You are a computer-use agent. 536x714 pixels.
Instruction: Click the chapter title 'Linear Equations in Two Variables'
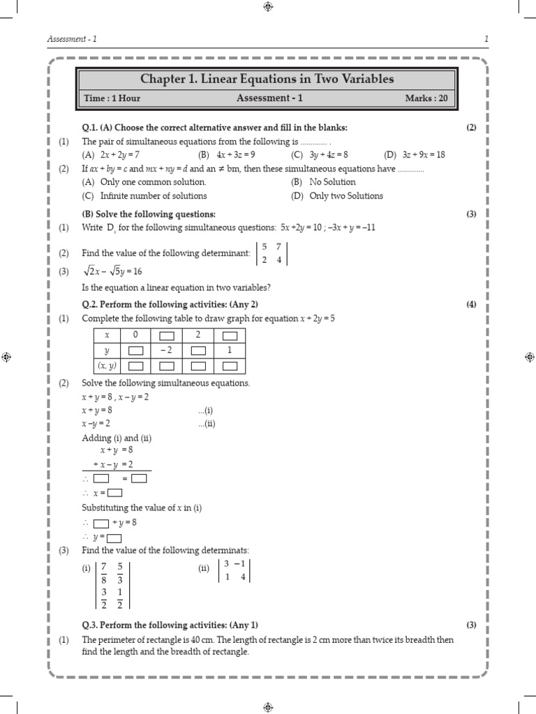coord(267,79)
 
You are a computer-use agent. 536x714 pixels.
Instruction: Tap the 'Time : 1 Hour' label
coord(112,98)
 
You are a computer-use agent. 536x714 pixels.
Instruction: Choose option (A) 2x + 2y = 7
coord(112,155)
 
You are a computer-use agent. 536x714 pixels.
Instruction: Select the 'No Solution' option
coord(332,182)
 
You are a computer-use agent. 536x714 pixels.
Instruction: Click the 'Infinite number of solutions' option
coord(144,196)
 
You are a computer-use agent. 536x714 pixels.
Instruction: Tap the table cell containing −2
coord(165,351)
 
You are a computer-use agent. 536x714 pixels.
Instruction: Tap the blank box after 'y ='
coord(114,538)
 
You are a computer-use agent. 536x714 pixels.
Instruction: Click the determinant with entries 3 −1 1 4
coord(234,570)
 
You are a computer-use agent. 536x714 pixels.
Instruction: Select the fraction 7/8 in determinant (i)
coord(104,573)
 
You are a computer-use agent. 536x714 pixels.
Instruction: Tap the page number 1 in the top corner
coord(486,39)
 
